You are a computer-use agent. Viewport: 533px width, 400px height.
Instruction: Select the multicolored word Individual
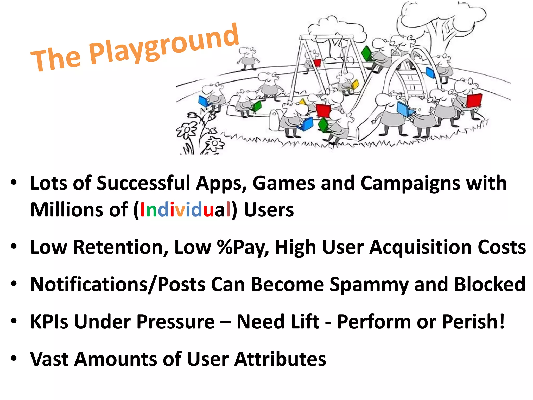click(x=185, y=210)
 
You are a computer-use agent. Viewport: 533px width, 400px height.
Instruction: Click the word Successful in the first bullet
click(x=143, y=183)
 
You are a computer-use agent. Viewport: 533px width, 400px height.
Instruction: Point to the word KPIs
click(x=49, y=322)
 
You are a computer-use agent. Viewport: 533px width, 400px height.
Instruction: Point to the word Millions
click(x=66, y=210)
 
